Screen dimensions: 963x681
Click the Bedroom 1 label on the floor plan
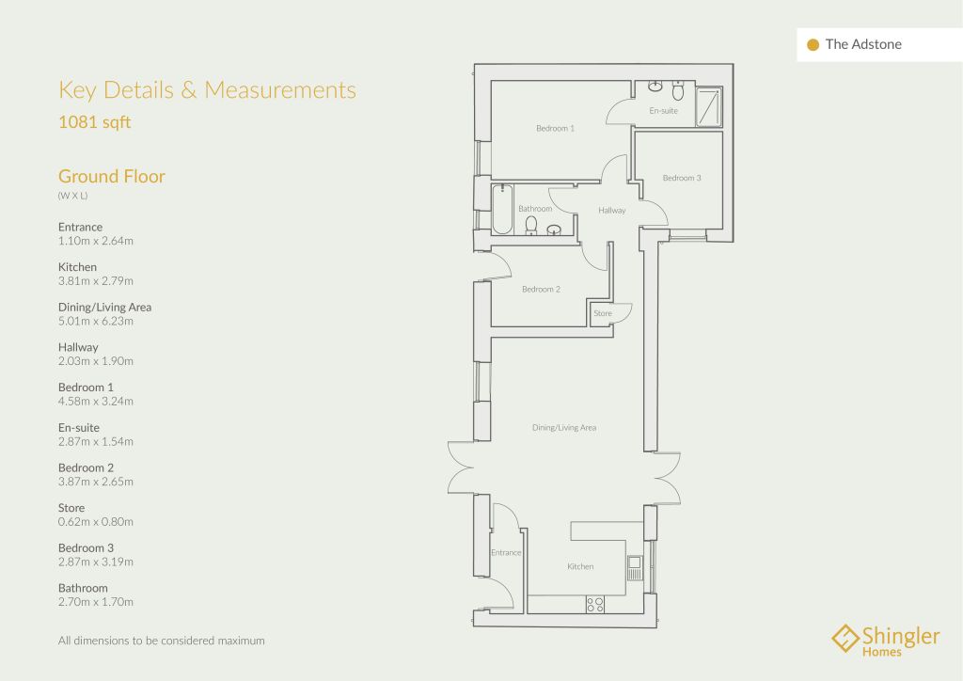pyautogui.click(x=555, y=128)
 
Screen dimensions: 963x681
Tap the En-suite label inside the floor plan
pyautogui.click(x=663, y=111)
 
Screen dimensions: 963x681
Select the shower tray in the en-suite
pyautogui.click(x=709, y=107)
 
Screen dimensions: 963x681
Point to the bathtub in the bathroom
pyautogui.click(x=502, y=209)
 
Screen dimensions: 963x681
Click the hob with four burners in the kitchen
pyautogui.click(x=595, y=604)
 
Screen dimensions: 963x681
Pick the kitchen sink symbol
pyautogui.click(x=635, y=568)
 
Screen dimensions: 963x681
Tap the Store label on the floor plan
pyautogui.click(x=603, y=313)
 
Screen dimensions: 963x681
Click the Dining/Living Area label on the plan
pyautogui.click(x=564, y=427)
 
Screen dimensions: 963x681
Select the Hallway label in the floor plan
pyautogui.click(x=611, y=210)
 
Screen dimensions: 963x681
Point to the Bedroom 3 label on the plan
pyautogui.click(x=682, y=178)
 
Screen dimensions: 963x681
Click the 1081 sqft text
pyautogui.click(x=95, y=122)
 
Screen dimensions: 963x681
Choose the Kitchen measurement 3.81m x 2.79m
pyautogui.click(x=96, y=280)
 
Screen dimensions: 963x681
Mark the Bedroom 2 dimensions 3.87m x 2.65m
pyautogui.click(x=96, y=482)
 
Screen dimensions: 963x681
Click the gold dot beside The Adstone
pyautogui.click(x=813, y=45)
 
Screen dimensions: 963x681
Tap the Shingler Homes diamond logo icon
pyautogui.click(x=845, y=639)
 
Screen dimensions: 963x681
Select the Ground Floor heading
pyautogui.click(x=112, y=176)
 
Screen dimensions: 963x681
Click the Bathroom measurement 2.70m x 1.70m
pyautogui.click(x=96, y=602)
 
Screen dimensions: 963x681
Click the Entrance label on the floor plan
pyautogui.click(x=506, y=553)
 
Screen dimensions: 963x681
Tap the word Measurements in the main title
pyautogui.click(x=280, y=90)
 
